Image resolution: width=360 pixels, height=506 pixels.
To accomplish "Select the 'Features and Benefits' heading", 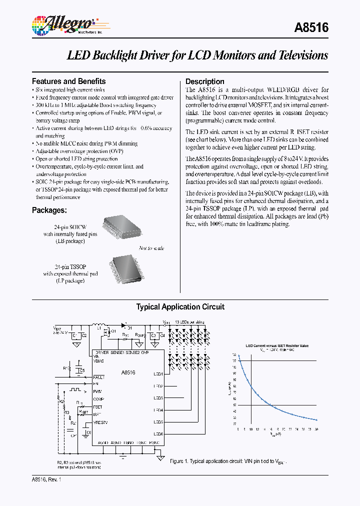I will [x=69, y=81].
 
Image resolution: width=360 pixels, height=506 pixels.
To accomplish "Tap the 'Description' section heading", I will [x=205, y=81].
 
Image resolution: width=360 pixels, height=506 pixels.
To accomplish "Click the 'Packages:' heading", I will [x=49, y=210].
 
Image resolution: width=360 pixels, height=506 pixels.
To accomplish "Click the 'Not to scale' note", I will [x=151, y=248].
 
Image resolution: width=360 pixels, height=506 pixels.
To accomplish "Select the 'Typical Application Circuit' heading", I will [x=180, y=307].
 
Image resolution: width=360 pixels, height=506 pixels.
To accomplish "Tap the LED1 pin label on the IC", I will [x=158, y=374].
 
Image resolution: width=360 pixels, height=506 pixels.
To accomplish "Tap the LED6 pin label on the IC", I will [x=158, y=434].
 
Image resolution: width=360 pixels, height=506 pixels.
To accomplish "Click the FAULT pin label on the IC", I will [x=99, y=376].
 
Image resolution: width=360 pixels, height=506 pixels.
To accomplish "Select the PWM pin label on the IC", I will [x=97, y=391].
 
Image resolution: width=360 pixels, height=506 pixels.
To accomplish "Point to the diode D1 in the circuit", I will [x=123, y=323].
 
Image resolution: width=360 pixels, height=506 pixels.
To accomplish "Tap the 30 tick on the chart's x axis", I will [x=316, y=429].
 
